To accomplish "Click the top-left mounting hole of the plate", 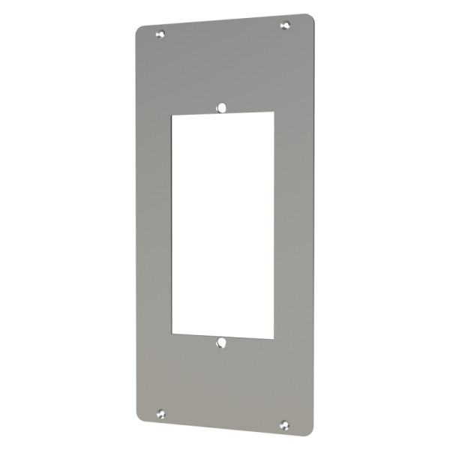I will tap(160, 34).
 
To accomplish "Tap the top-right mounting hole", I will tap(284, 25).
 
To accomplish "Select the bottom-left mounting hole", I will tap(160, 413).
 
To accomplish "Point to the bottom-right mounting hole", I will tap(284, 424).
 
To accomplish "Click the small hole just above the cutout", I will tap(221, 108).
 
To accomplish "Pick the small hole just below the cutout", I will tap(221, 343).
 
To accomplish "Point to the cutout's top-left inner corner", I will tap(173, 115).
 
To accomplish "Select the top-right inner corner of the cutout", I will tap(273, 112).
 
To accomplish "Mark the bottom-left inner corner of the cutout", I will tap(173, 333).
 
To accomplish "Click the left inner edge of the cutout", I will tap(172, 225).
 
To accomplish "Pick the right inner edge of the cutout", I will tap(274, 225).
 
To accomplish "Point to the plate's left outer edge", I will tap(136, 225).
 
